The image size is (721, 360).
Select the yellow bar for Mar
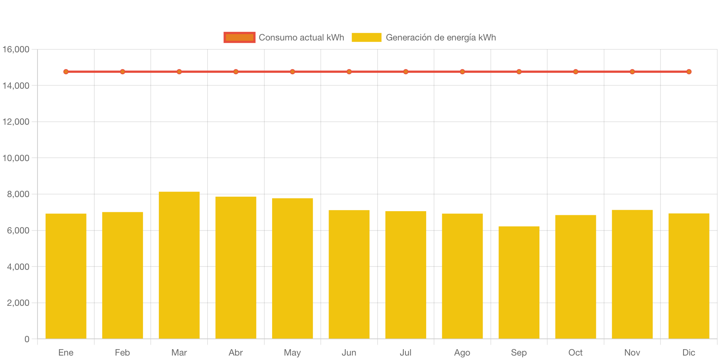179,265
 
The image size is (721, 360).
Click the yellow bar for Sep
519,282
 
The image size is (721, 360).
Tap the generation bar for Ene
66,276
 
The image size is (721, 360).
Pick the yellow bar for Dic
689,276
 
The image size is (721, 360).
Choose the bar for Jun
349,274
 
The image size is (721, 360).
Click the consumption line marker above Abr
236,72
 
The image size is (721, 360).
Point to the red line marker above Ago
462,72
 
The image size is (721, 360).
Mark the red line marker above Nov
632,72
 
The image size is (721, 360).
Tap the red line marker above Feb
123,72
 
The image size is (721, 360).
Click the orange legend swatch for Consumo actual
239,37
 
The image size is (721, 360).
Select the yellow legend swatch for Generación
366,37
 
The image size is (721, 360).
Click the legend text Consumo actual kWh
301,37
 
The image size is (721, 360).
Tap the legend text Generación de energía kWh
441,37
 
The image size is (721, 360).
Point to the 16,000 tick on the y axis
16,49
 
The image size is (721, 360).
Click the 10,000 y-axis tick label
16,158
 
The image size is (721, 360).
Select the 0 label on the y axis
27,339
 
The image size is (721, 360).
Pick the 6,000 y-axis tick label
18,230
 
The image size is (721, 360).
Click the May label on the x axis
292,353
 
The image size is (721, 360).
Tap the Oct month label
575,353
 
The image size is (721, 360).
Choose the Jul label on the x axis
405,353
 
